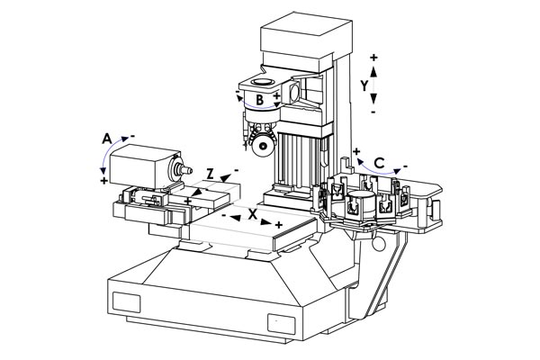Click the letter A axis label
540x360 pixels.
point(106,139)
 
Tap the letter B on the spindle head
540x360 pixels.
point(258,101)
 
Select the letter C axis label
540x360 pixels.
point(380,163)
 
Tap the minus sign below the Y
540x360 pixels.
point(373,113)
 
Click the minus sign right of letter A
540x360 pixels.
point(132,136)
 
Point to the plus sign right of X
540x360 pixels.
point(279,224)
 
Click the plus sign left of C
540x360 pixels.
point(356,151)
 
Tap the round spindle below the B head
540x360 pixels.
point(263,144)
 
